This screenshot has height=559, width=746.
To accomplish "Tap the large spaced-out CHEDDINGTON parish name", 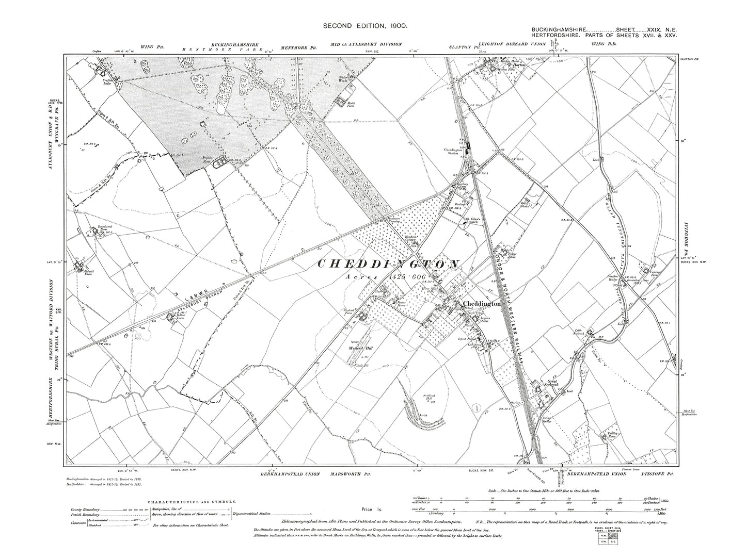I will pyautogui.click(x=388, y=264).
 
